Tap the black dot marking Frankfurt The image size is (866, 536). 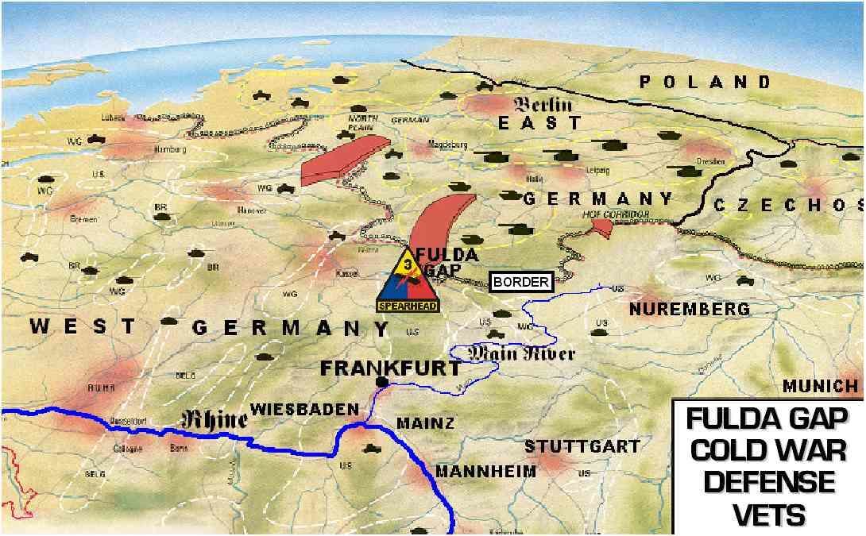(382, 383)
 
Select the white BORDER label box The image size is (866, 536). (520, 282)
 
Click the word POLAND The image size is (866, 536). (706, 82)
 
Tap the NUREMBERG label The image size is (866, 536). (689, 308)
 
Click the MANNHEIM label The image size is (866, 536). (485, 471)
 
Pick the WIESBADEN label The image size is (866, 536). (304, 409)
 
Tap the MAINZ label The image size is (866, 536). (425, 423)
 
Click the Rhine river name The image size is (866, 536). (215, 418)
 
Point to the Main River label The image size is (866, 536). (521, 353)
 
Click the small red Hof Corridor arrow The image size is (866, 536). (602, 228)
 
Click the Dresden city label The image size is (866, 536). (709, 162)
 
